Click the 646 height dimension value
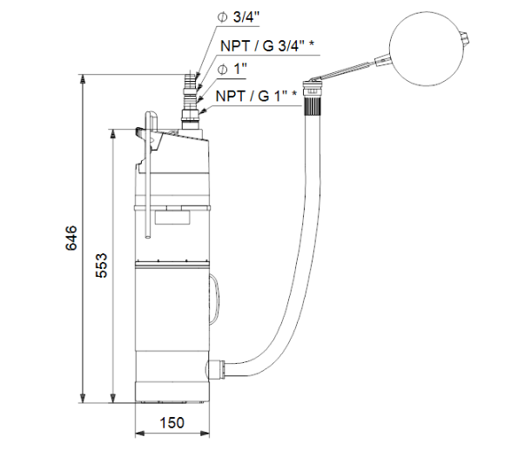tap(71, 238)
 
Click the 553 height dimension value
tap(102, 266)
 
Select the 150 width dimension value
tap(172, 422)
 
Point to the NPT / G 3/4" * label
tap(267, 46)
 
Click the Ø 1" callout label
tap(232, 70)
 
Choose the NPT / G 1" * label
tap(256, 96)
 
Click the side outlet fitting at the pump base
tap(216, 370)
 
